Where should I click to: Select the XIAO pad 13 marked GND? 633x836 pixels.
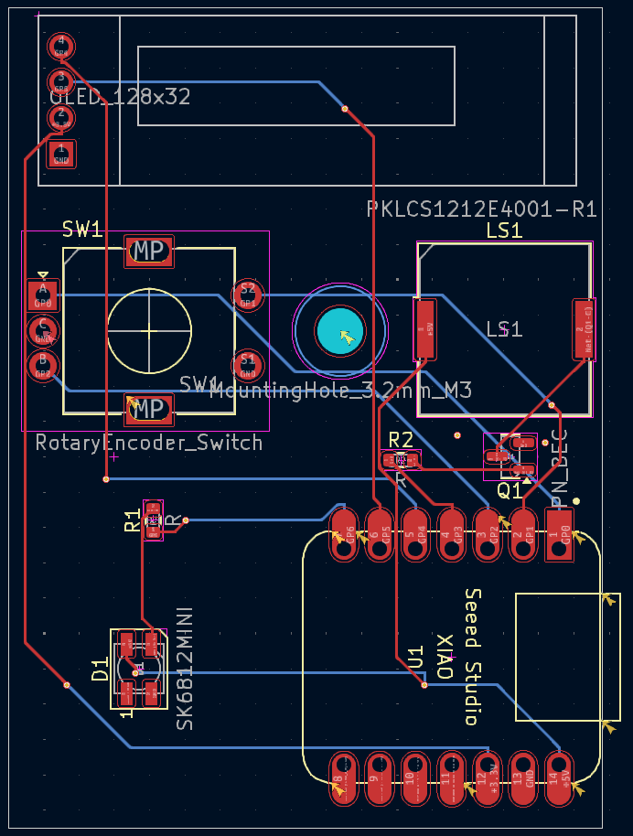point(522,778)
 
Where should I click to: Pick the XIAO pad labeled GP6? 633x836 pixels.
point(343,533)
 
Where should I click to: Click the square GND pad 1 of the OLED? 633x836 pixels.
point(60,154)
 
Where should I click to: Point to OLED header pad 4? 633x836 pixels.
point(60,44)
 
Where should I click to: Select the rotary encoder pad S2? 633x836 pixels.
point(247,293)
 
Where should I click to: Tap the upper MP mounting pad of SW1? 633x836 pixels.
point(149,251)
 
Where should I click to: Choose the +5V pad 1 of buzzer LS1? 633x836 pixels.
point(424,329)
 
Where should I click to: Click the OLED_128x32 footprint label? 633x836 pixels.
point(120,97)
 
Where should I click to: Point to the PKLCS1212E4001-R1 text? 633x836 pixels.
point(481,209)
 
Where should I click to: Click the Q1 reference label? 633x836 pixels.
point(510,491)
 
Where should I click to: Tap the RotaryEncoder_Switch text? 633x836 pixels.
point(149,443)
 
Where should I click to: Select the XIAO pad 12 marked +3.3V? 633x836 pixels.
point(486,778)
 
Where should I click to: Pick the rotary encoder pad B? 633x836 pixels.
point(42,364)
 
